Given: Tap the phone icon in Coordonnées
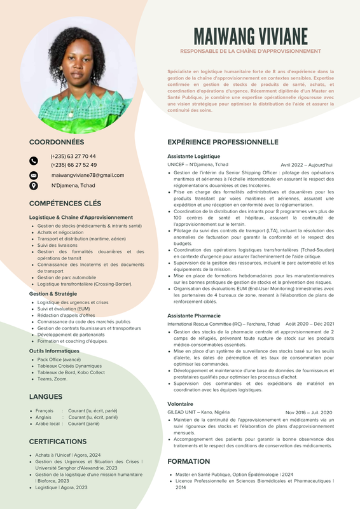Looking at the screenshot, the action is (x=34, y=161).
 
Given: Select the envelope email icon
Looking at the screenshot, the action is (x=34, y=175).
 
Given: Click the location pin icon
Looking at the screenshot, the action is (x=34, y=186).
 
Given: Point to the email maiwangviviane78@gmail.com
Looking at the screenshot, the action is (x=88, y=175).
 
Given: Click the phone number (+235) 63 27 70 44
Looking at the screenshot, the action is (x=73, y=156).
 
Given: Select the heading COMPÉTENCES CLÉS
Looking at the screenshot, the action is (x=65, y=204).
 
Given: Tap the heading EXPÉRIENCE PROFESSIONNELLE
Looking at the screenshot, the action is (x=223, y=142).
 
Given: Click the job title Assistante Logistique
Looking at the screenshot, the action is (x=193, y=156).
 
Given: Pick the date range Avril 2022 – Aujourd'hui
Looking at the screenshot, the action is (x=307, y=164).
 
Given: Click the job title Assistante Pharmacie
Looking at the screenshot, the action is (x=193, y=316).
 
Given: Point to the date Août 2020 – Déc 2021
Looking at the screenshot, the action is (x=310, y=324).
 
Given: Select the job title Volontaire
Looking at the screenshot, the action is (x=180, y=404).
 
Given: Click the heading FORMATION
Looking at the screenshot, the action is (x=188, y=461).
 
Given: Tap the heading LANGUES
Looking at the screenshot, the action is (x=46, y=396).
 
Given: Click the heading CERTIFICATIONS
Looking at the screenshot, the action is (x=58, y=441).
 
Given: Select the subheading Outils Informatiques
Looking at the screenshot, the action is (x=54, y=351).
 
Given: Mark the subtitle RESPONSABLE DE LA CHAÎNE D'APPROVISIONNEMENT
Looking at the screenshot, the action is (x=251, y=51).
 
